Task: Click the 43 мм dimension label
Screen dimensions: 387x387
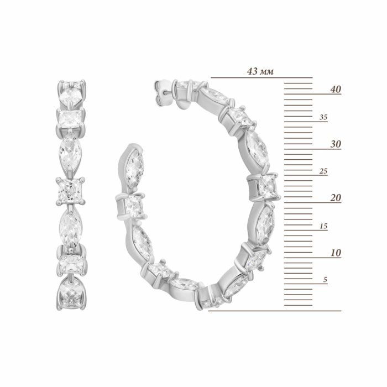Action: coord(260,71)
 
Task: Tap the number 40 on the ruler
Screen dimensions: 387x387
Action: coord(336,89)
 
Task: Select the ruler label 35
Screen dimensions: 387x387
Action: coord(323,117)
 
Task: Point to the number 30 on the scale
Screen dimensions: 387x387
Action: coord(336,144)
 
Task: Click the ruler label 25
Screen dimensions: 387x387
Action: coord(323,171)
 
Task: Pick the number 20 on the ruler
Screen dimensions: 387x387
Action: coord(336,198)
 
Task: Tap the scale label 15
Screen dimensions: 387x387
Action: coord(323,226)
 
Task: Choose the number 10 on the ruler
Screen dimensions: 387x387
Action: coord(336,253)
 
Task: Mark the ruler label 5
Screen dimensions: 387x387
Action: coord(325,280)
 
